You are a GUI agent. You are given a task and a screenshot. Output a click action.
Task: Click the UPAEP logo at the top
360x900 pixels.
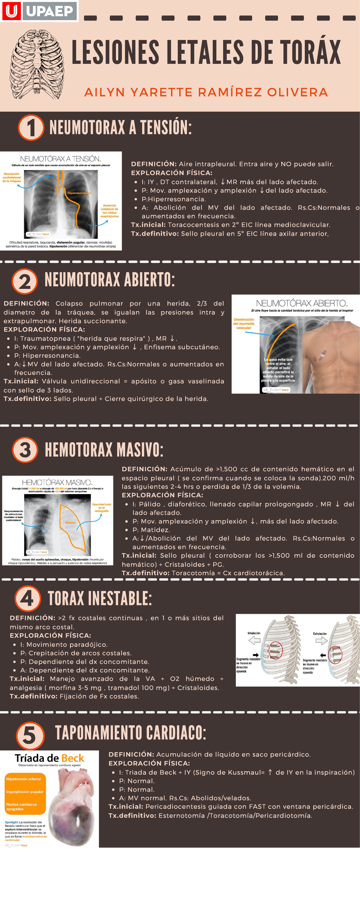coord(39,11)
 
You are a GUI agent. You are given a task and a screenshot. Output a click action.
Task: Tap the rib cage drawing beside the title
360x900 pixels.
coord(37,64)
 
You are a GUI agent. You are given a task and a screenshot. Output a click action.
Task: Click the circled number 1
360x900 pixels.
coord(31,127)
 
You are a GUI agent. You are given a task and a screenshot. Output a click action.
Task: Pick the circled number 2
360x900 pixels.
coord(25,281)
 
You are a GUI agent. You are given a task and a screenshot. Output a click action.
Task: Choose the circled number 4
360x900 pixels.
coord(28,598)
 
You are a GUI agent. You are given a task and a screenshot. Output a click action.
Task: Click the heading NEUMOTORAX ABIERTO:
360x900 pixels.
coord(109,280)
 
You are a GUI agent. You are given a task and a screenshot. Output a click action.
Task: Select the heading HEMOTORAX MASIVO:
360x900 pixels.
coord(104,450)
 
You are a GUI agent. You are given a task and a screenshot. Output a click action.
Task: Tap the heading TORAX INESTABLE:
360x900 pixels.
coord(100,598)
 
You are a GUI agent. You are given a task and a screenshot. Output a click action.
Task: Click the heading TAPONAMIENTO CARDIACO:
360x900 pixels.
coord(130,733)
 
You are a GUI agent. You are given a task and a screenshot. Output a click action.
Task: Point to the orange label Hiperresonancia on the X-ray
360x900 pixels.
coord(79,193)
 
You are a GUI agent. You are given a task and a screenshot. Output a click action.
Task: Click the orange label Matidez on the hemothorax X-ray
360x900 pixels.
coord(70,523)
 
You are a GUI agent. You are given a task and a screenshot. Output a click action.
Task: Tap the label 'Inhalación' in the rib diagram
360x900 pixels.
coord(254,633)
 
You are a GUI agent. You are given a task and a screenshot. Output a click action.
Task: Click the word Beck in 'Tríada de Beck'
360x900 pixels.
coord(72,758)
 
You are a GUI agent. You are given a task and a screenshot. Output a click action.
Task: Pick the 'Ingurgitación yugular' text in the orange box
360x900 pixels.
coord(25,792)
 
